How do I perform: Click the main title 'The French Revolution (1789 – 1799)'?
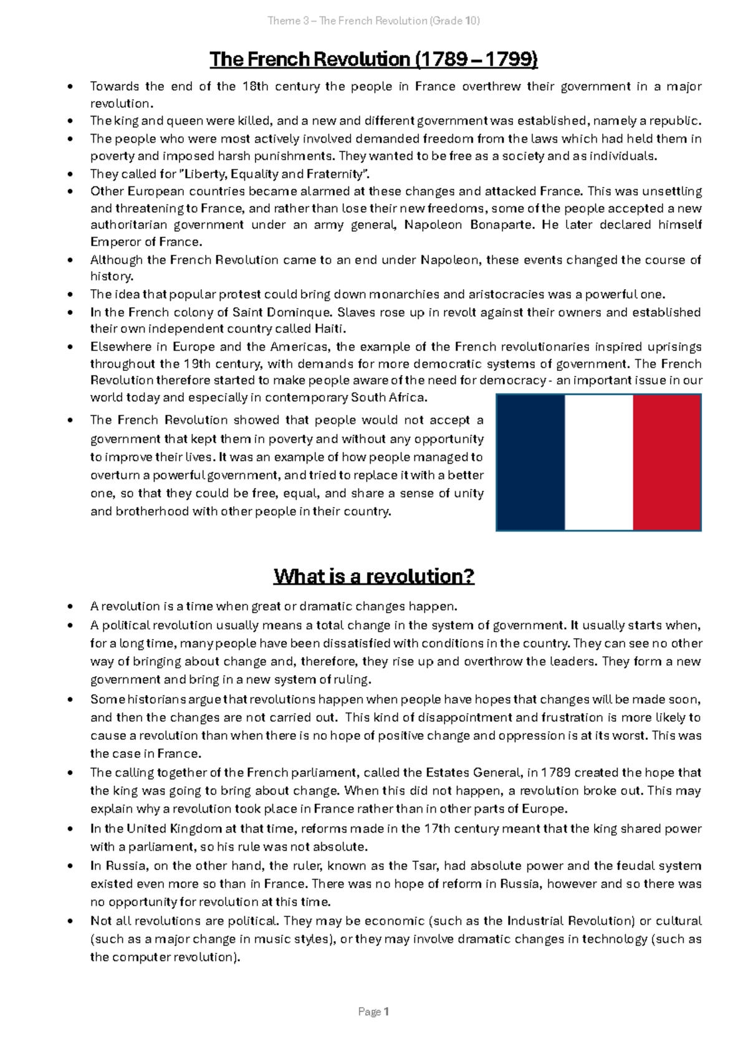tap(373, 60)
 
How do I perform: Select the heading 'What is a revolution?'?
tap(374, 576)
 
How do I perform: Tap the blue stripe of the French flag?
tap(530, 462)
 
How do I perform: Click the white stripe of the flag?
tap(598, 462)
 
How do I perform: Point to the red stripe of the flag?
tap(667, 462)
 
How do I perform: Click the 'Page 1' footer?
tap(373, 1012)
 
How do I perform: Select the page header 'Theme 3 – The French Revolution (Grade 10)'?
tap(373, 21)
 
